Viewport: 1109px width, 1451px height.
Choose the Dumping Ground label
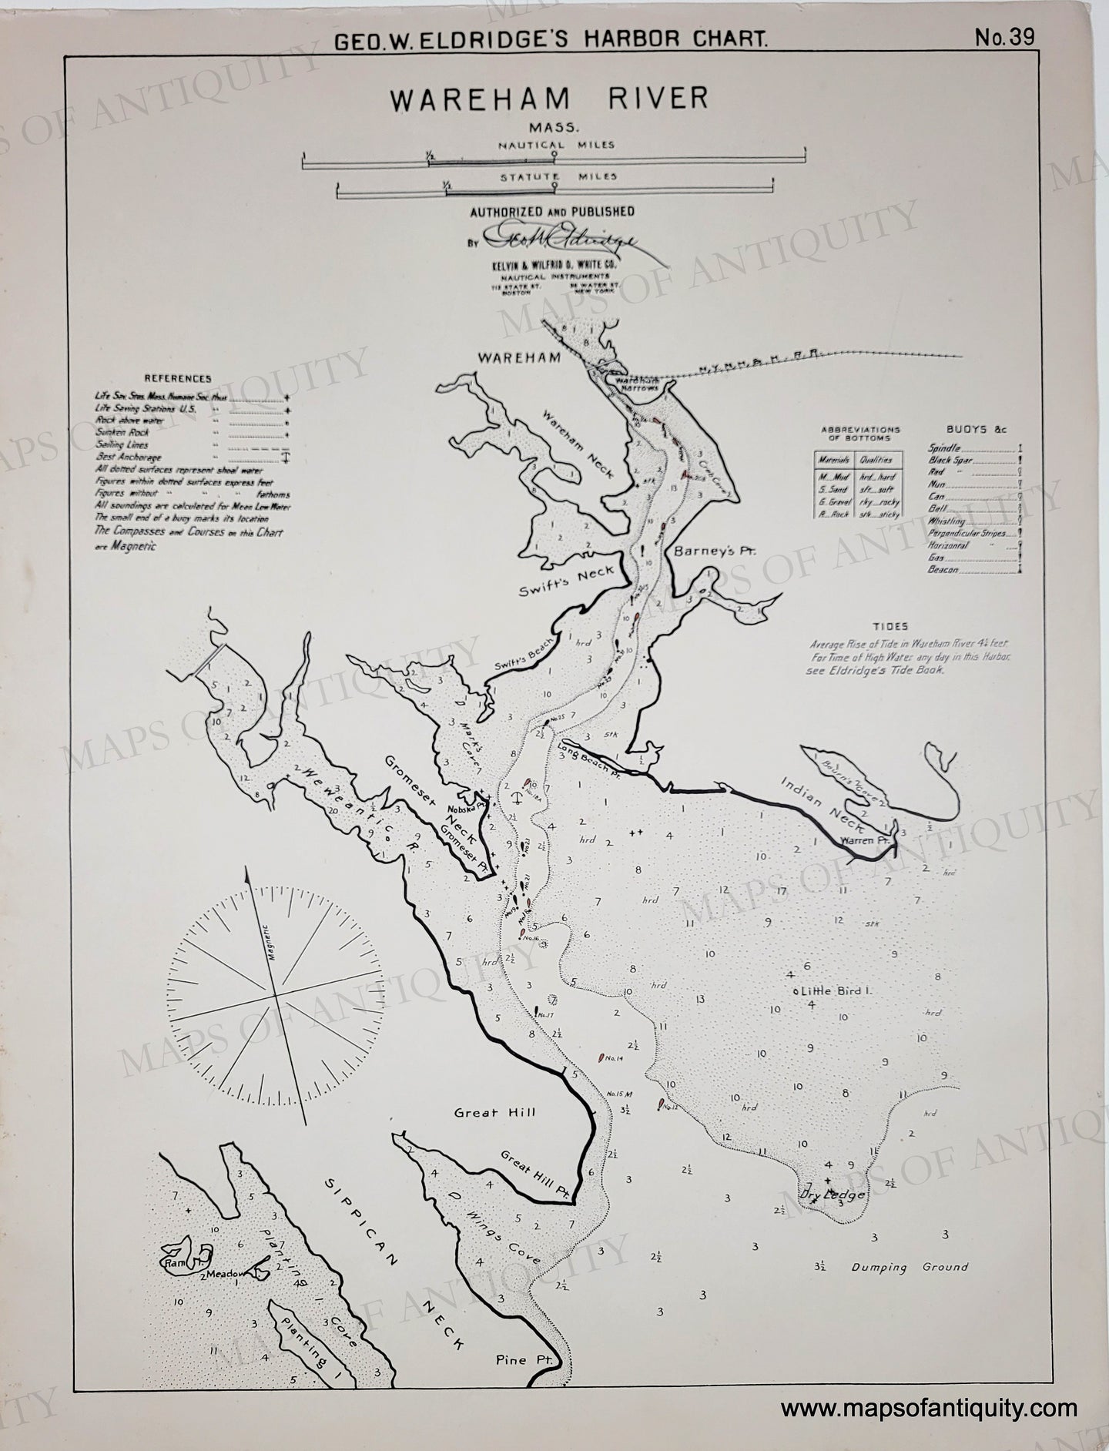click(x=910, y=1266)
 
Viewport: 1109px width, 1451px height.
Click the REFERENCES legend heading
click(x=182, y=379)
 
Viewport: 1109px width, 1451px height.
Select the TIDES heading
click(x=891, y=627)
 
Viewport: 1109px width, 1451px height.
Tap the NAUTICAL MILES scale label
click(x=554, y=144)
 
